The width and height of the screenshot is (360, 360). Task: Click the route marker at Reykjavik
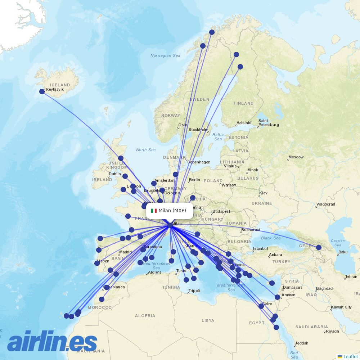[42, 91]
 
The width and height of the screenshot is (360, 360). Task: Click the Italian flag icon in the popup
[154, 211]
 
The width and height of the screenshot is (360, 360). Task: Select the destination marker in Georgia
[319, 247]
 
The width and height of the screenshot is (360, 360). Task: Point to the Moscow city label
[296, 157]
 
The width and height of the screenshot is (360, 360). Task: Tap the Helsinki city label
[244, 123]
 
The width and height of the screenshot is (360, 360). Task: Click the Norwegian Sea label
[165, 55]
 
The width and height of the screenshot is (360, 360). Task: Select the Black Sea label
[271, 238]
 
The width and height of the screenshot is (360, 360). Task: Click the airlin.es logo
[53, 341]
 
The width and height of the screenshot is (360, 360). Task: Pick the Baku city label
[343, 252]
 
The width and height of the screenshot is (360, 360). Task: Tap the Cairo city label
[267, 304]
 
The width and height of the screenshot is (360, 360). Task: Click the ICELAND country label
[60, 85]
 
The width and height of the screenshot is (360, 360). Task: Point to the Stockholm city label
[198, 130]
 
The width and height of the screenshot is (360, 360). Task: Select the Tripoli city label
[194, 291]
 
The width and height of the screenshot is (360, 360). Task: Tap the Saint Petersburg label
[268, 123]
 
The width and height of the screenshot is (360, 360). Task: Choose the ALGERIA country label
[145, 316]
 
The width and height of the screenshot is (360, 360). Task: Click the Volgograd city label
[325, 205]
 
